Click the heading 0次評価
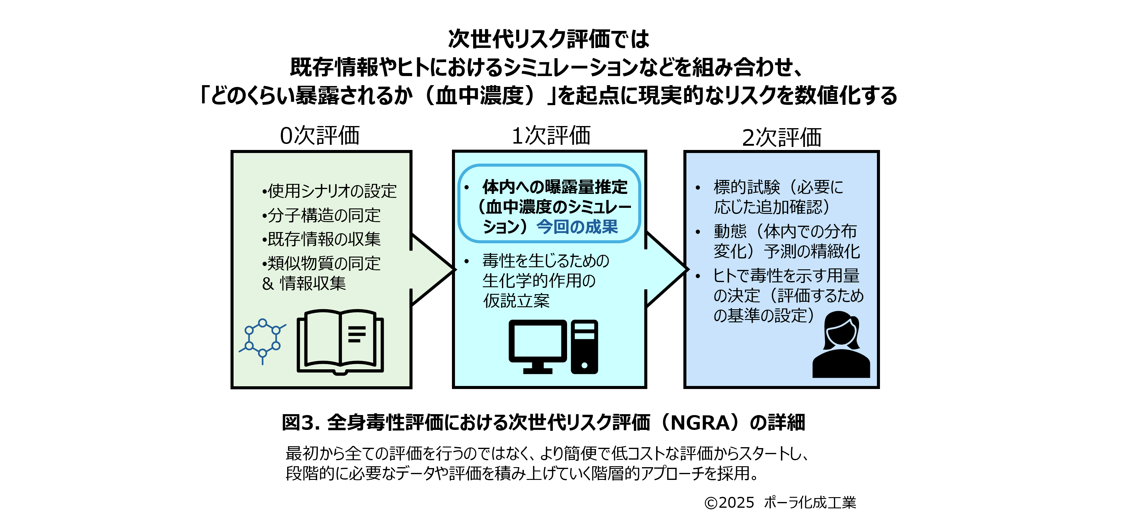[x=320, y=136]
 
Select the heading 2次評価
[x=781, y=138]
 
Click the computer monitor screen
[x=537, y=341]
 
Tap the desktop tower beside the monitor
[x=584, y=347]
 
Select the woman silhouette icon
[x=841, y=345]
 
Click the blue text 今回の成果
[x=577, y=227]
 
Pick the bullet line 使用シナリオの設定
[x=330, y=191]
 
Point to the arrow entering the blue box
[x=666, y=269]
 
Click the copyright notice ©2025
[x=729, y=502]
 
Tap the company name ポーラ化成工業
[x=810, y=502]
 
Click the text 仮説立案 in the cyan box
[x=516, y=301]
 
